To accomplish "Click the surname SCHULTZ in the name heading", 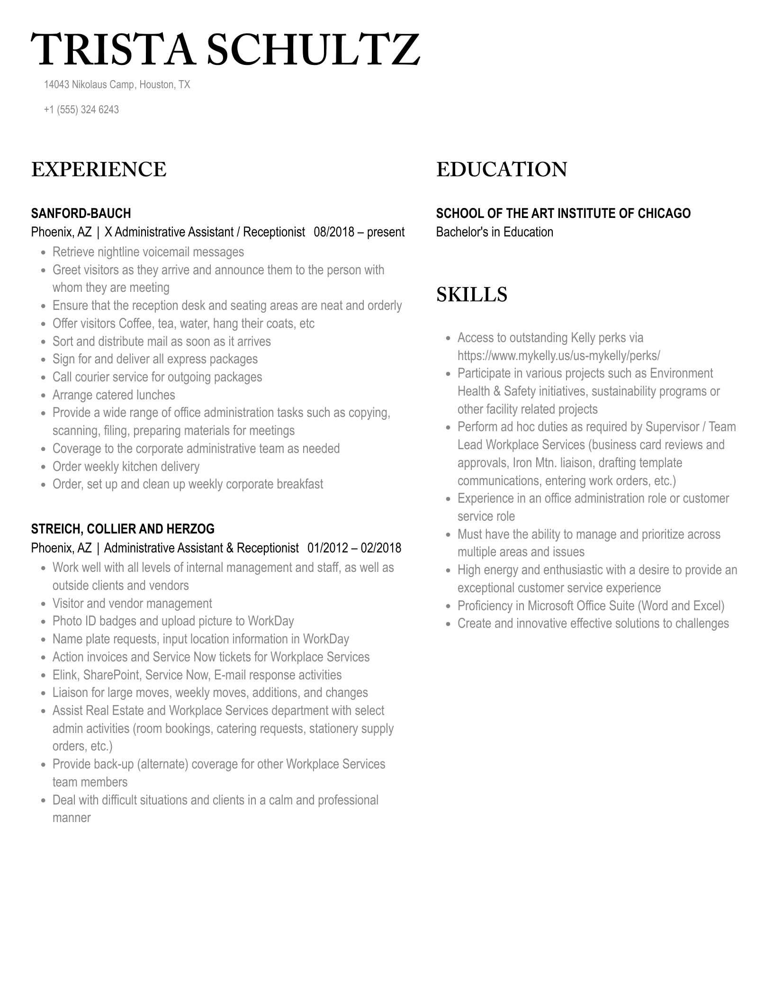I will click(x=313, y=50).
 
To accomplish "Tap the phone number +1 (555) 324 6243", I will click(x=81, y=109).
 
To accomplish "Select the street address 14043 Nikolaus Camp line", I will click(x=117, y=85).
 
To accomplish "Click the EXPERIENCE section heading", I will click(x=99, y=170).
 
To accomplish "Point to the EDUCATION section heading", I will click(x=501, y=170).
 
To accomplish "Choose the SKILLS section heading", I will click(x=471, y=295).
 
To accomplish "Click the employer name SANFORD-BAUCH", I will click(x=81, y=213).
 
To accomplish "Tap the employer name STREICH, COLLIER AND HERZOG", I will click(x=123, y=529).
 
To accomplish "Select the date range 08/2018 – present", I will click(x=359, y=232).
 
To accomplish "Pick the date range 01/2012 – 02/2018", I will click(x=354, y=548).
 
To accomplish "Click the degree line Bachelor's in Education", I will click(x=494, y=232).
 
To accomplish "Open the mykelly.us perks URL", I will click(x=558, y=355).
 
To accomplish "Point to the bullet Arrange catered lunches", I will click(x=114, y=395).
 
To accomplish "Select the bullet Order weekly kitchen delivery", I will click(x=126, y=467).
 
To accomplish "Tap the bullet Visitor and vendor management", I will click(x=132, y=604).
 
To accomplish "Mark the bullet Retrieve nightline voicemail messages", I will click(x=148, y=252).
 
